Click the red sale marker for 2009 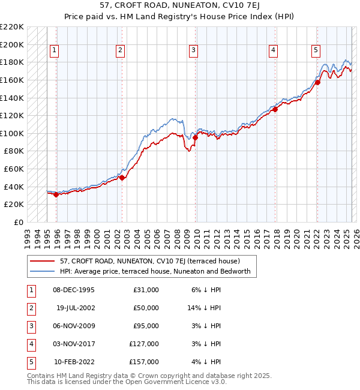(195, 137)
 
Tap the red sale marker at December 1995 (56, 194)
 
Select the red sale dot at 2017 (275, 109)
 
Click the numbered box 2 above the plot (121, 50)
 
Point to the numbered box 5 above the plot (316, 50)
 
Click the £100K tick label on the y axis (13, 133)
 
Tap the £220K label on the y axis (13, 27)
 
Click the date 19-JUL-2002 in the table (75, 308)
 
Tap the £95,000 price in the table (146, 326)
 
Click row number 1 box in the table (31, 290)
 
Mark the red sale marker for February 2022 (317, 82)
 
